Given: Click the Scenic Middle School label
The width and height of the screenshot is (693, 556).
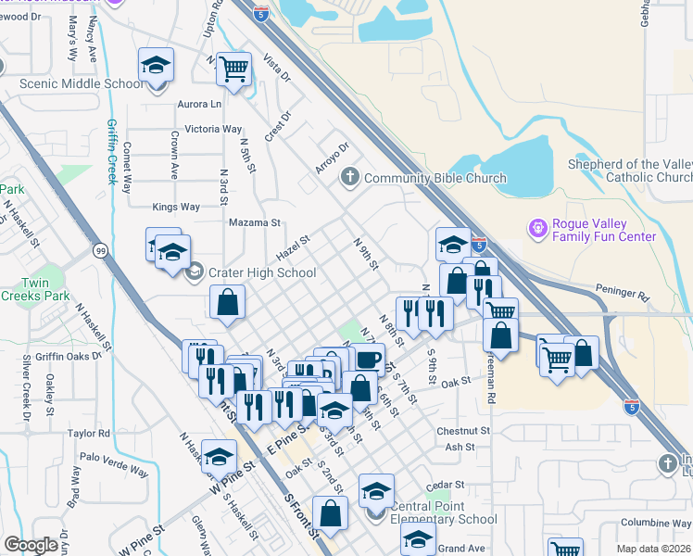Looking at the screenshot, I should click(82, 84).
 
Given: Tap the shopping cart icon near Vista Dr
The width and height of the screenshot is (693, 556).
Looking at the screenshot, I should click(235, 67).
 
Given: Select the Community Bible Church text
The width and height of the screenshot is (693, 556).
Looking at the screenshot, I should click(435, 178).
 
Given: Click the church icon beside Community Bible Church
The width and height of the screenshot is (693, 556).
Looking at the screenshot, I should click(350, 177).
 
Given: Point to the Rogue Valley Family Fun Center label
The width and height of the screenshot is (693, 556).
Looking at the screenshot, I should click(603, 230).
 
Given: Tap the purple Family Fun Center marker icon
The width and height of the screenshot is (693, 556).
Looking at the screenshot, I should click(536, 227).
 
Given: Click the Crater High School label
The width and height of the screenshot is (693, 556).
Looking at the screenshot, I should click(262, 272).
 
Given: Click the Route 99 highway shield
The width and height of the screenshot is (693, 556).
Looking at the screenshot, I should click(100, 249).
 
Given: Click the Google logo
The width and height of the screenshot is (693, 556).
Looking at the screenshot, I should click(31, 545).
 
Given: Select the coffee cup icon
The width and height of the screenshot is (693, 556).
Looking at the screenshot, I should click(368, 359).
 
